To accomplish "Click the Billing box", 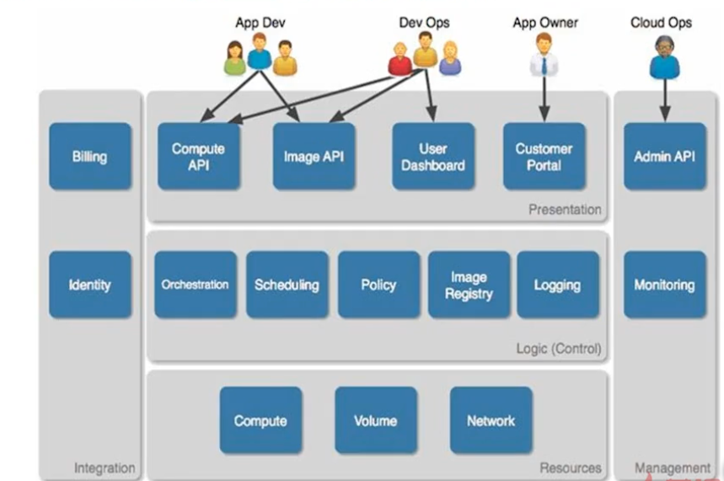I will (x=90, y=156).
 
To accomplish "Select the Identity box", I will (x=90, y=285).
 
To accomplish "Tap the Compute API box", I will (x=198, y=156).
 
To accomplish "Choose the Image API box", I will (x=314, y=156).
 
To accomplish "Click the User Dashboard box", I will (x=433, y=156).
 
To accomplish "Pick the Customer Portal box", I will (x=544, y=156).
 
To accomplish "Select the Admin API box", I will (x=664, y=156).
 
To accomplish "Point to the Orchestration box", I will (x=195, y=285).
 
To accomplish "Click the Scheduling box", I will (x=287, y=285).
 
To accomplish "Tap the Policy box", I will (x=378, y=285).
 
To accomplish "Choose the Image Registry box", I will (x=469, y=285).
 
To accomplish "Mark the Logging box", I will (x=557, y=285).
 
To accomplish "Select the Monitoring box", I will (x=664, y=285).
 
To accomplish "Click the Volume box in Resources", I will (x=375, y=420).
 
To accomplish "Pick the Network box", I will (x=491, y=420).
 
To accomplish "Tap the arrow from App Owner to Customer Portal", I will (x=544, y=99).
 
